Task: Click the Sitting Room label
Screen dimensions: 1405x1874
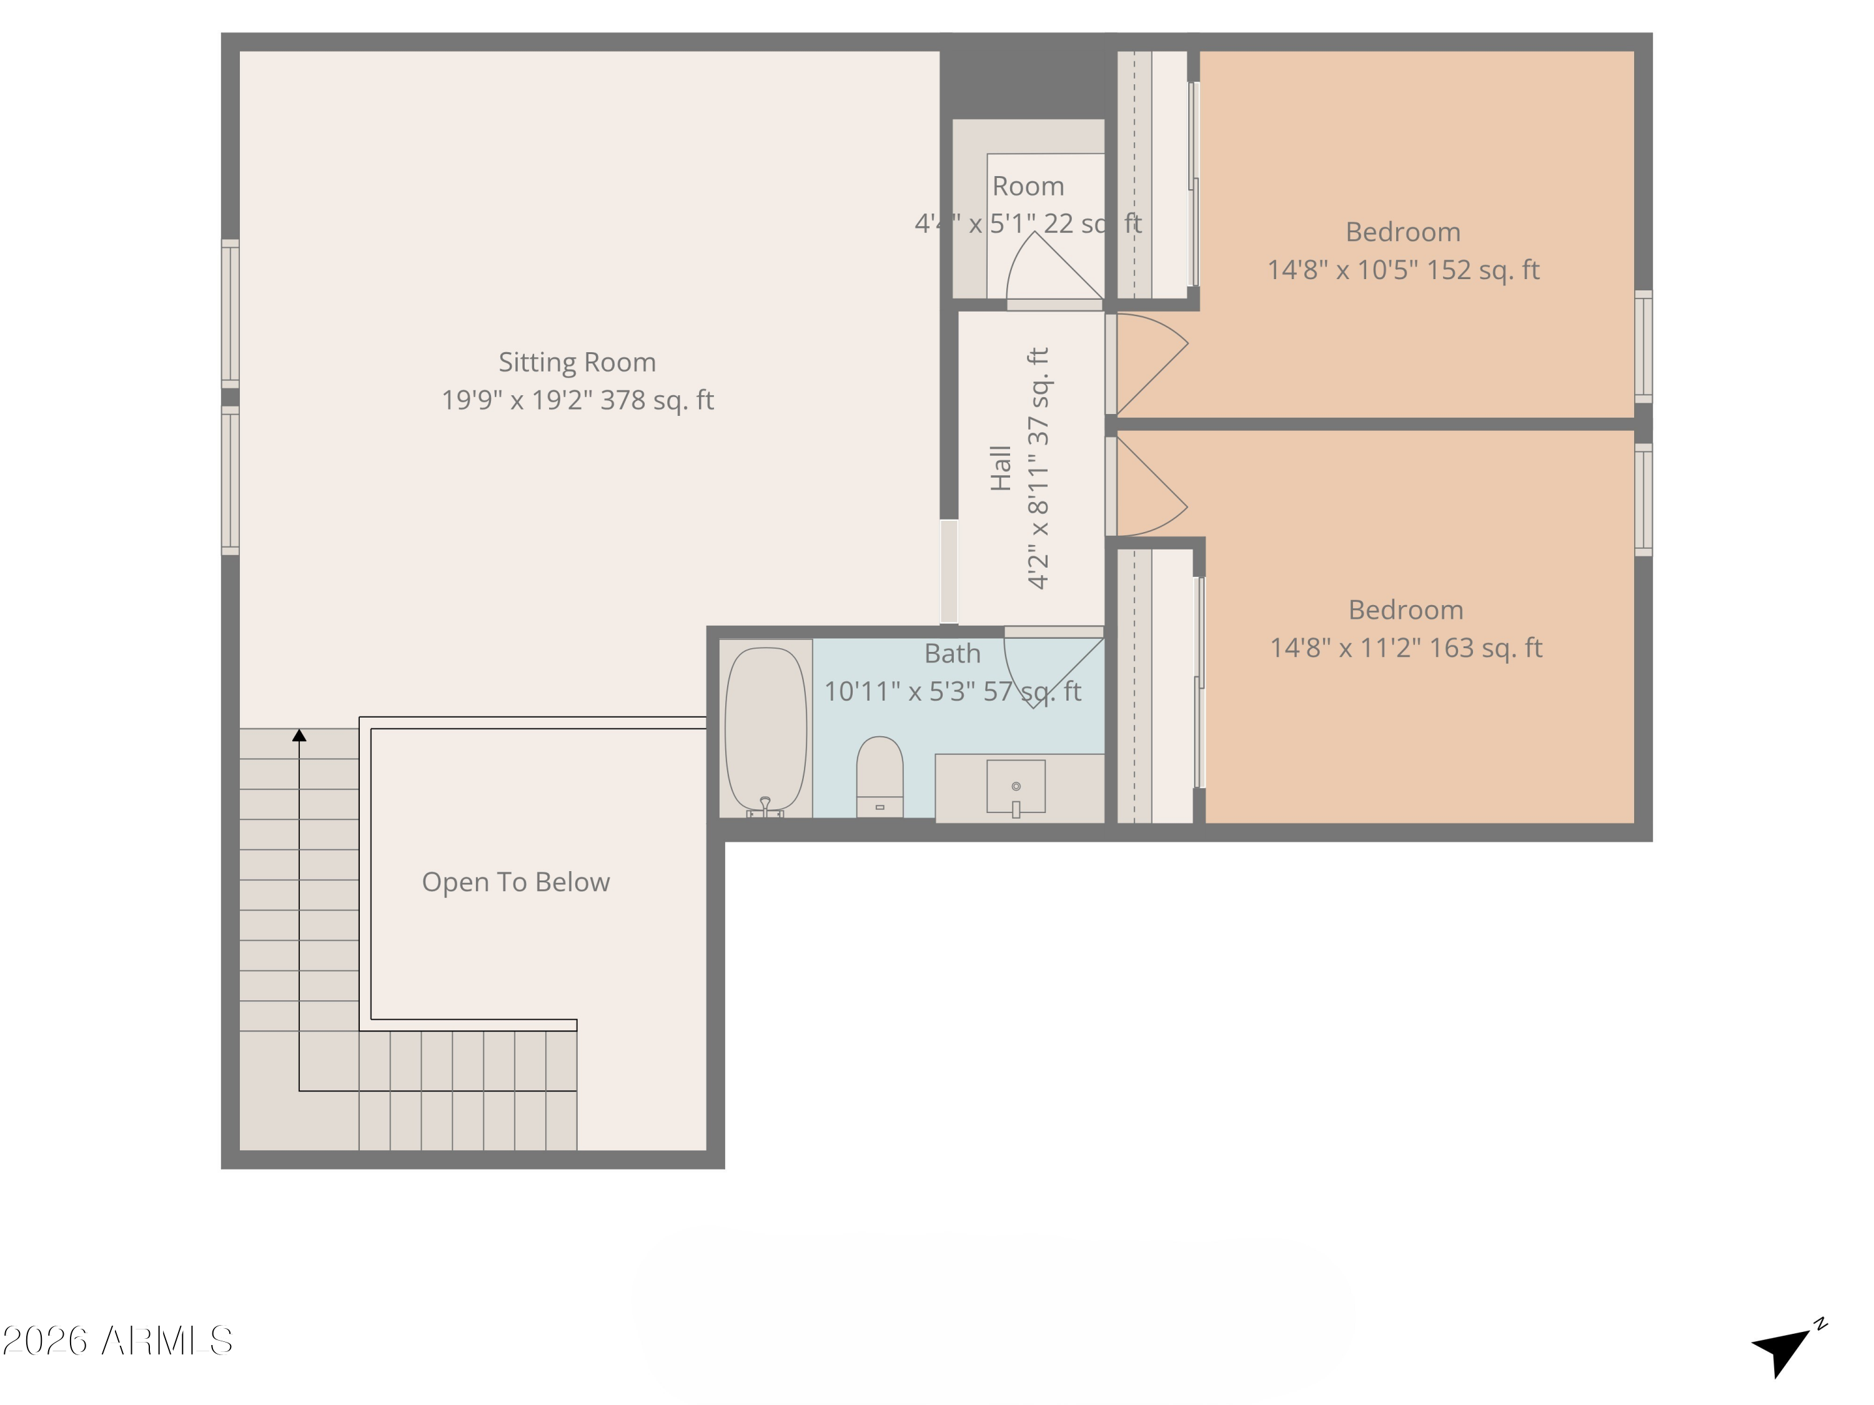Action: [577, 362]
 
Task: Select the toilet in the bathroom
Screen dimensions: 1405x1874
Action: [880, 776]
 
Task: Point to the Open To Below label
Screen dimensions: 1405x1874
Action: [515, 882]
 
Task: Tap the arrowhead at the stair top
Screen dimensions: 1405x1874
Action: [299, 735]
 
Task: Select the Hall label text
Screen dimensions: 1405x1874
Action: [1001, 468]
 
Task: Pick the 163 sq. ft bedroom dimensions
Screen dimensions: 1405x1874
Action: [1405, 648]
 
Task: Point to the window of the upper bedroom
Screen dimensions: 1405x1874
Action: [1643, 347]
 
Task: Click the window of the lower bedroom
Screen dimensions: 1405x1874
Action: [1643, 500]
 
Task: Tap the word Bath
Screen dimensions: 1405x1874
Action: [952, 654]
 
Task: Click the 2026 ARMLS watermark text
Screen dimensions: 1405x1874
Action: [118, 1341]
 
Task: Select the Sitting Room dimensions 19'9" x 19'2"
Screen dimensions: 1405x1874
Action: [577, 400]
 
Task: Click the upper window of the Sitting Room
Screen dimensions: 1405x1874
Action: [231, 313]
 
